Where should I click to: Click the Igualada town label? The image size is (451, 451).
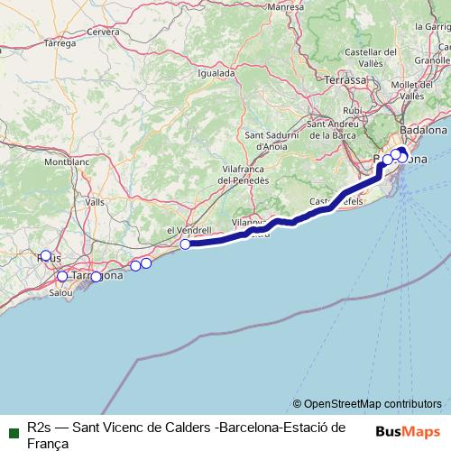(x=217, y=73)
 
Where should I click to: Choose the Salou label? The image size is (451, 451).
(x=60, y=292)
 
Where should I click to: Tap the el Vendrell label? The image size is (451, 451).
(x=189, y=230)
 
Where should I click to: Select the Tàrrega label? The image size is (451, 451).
(x=59, y=42)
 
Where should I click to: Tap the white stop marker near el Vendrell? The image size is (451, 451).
(x=186, y=244)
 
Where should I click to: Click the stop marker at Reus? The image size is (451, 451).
(x=46, y=255)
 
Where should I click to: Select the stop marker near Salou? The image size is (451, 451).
(x=62, y=276)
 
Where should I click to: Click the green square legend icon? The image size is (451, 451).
(x=13, y=426)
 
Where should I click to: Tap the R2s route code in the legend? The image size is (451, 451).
(x=39, y=426)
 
